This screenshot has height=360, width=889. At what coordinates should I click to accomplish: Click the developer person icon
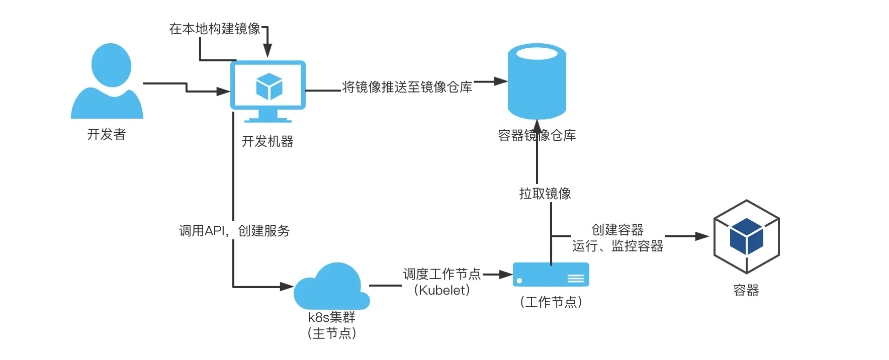[x=107, y=81]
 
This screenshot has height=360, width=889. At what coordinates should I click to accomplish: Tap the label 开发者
[x=107, y=135]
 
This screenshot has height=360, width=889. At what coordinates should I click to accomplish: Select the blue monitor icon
[x=268, y=92]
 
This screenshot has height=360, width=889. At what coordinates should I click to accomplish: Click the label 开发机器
[x=268, y=142]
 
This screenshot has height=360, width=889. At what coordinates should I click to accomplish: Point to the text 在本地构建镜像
[x=215, y=29]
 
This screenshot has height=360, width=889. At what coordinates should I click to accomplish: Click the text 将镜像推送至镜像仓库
[x=407, y=87]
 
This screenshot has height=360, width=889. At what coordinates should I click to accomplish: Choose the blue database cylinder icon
[x=537, y=81]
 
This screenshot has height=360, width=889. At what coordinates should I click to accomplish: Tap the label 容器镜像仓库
[x=537, y=135]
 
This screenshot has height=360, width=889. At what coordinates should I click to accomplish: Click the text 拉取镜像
[x=545, y=194]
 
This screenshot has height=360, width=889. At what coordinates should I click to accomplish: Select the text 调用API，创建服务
[x=234, y=231]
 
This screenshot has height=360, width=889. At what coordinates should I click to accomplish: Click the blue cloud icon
[x=332, y=286]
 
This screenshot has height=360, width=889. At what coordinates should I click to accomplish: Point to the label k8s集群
[x=332, y=317]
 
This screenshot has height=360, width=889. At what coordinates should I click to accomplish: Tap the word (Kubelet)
[x=442, y=290]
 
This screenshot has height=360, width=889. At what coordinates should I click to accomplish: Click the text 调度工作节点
[x=442, y=274]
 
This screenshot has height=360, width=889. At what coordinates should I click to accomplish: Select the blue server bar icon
[x=551, y=275]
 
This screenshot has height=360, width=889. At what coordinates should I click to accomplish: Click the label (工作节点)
[x=551, y=302]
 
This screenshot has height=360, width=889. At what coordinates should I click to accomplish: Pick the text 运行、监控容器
[x=617, y=246]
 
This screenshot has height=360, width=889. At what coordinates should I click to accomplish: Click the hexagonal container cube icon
[x=747, y=237]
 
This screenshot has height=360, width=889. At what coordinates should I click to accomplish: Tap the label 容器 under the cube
[x=746, y=291]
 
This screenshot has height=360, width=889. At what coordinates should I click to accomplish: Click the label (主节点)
[x=332, y=333]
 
